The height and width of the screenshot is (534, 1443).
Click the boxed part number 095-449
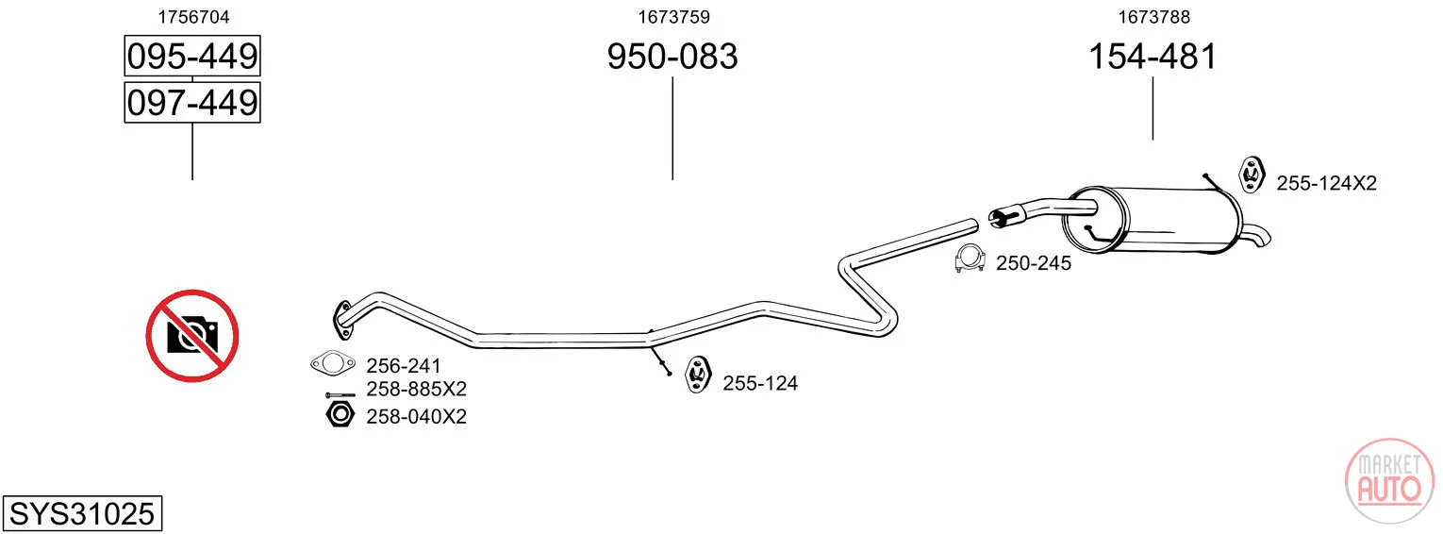pos(192,56)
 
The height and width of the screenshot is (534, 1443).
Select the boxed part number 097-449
pos(192,102)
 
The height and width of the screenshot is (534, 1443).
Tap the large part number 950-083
pos(672,56)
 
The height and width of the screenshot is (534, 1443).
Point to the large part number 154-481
pos(1153,56)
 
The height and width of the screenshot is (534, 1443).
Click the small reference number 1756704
pos(193,17)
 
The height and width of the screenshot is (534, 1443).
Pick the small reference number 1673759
pos(673,17)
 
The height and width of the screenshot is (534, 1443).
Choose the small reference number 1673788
pos(1153,17)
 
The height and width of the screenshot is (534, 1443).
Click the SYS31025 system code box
pos(82,513)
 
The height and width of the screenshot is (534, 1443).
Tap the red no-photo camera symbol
pos(192,336)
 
